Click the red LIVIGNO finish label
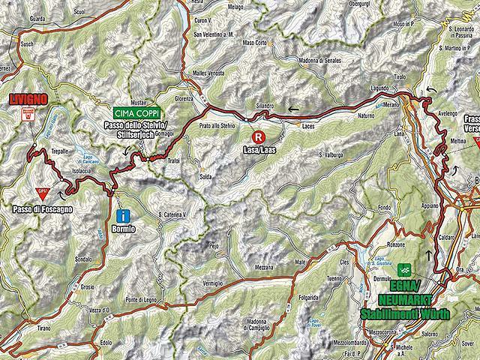[x=29, y=98]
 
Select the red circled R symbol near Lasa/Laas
[x=259, y=137]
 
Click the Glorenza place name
[x=184, y=98]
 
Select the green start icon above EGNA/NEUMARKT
[x=406, y=268]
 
